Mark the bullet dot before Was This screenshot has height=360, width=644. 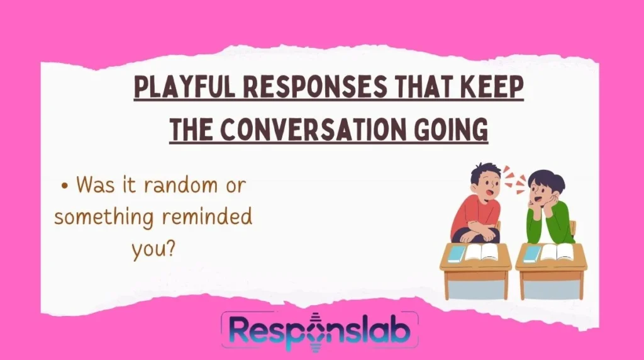pyautogui.click(x=65, y=186)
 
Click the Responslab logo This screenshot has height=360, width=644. pyautogui.click(x=319, y=332)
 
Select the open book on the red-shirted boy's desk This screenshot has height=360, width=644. pyautogui.click(x=481, y=252)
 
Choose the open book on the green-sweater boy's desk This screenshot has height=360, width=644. pyautogui.click(x=557, y=252)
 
